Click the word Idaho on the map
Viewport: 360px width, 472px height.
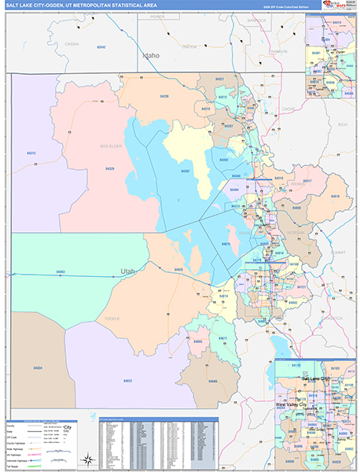pos(151,56)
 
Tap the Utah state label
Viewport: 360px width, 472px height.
pos(128,271)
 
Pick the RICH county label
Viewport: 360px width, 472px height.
pos(341,124)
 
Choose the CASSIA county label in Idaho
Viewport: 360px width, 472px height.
pos(72,44)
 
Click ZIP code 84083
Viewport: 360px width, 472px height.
pos(61,272)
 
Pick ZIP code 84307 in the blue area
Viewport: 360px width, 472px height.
pos(186,170)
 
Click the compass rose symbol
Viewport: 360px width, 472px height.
pos(89,459)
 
